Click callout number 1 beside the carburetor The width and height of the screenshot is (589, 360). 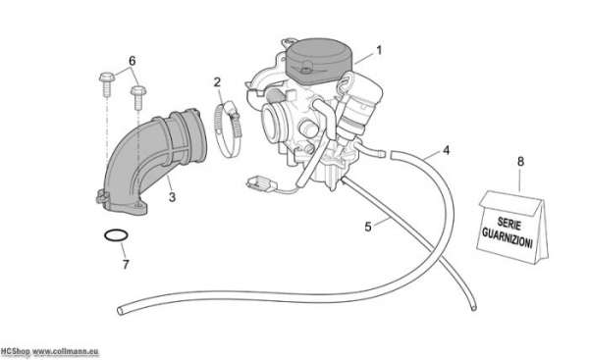coord(379,50)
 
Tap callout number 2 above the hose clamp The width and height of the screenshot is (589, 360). coord(217,82)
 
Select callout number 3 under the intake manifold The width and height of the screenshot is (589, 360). coord(172,197)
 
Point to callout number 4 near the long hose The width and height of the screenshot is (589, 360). coord(446,150)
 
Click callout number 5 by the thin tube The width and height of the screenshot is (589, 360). coord(368,227)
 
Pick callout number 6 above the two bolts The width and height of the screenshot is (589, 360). coord(133,61)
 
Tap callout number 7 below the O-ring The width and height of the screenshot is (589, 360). coord(126,265)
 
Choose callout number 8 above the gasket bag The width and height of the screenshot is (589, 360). coord(520,162)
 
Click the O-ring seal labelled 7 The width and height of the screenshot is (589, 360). coord(116,230)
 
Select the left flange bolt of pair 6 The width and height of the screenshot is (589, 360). coord(106,83)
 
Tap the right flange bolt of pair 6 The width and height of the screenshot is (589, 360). coord(138,97)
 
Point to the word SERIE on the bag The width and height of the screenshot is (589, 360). coord(509,223)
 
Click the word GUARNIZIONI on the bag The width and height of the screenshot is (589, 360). coord(508,237)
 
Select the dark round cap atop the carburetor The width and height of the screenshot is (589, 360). coord(319,61)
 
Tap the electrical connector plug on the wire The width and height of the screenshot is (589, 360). coord(260,183)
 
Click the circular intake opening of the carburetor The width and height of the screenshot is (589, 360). coord(272,123)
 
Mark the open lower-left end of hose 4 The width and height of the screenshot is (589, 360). coord(120,310)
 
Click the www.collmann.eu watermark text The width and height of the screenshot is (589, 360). coord(66,352)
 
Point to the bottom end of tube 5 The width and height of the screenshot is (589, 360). coord(474,308)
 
